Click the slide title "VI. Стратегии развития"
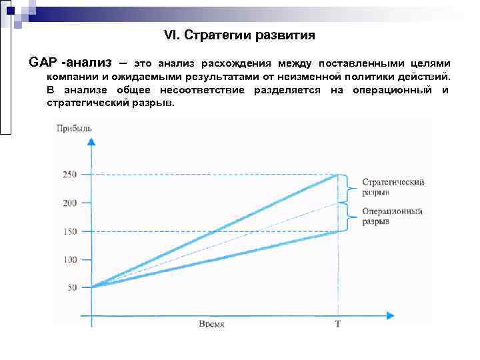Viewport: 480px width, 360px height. pos(239,34)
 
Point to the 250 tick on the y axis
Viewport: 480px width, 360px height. pos(70,175)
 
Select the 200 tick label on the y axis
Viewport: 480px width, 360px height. pos(70,203)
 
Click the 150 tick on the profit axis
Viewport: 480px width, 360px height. pos(70,231)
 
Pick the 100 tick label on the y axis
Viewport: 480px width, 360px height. pos(70,259)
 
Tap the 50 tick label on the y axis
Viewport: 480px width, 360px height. pos(72,287)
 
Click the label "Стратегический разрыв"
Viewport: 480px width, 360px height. pos(393,187)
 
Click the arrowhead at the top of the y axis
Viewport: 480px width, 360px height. pos(92,141)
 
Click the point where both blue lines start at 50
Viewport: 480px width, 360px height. pos(93,287)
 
